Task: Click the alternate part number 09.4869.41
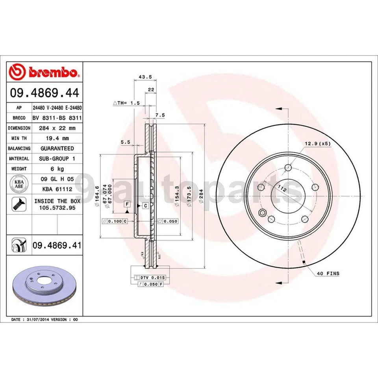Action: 57,246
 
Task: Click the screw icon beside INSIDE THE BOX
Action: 18,204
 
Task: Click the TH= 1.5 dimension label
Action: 127,103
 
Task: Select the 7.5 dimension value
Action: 160,115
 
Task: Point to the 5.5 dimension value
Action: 125,143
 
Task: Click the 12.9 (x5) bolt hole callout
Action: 317,143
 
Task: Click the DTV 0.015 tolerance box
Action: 152,278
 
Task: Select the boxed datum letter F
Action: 127,204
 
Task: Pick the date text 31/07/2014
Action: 40,319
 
